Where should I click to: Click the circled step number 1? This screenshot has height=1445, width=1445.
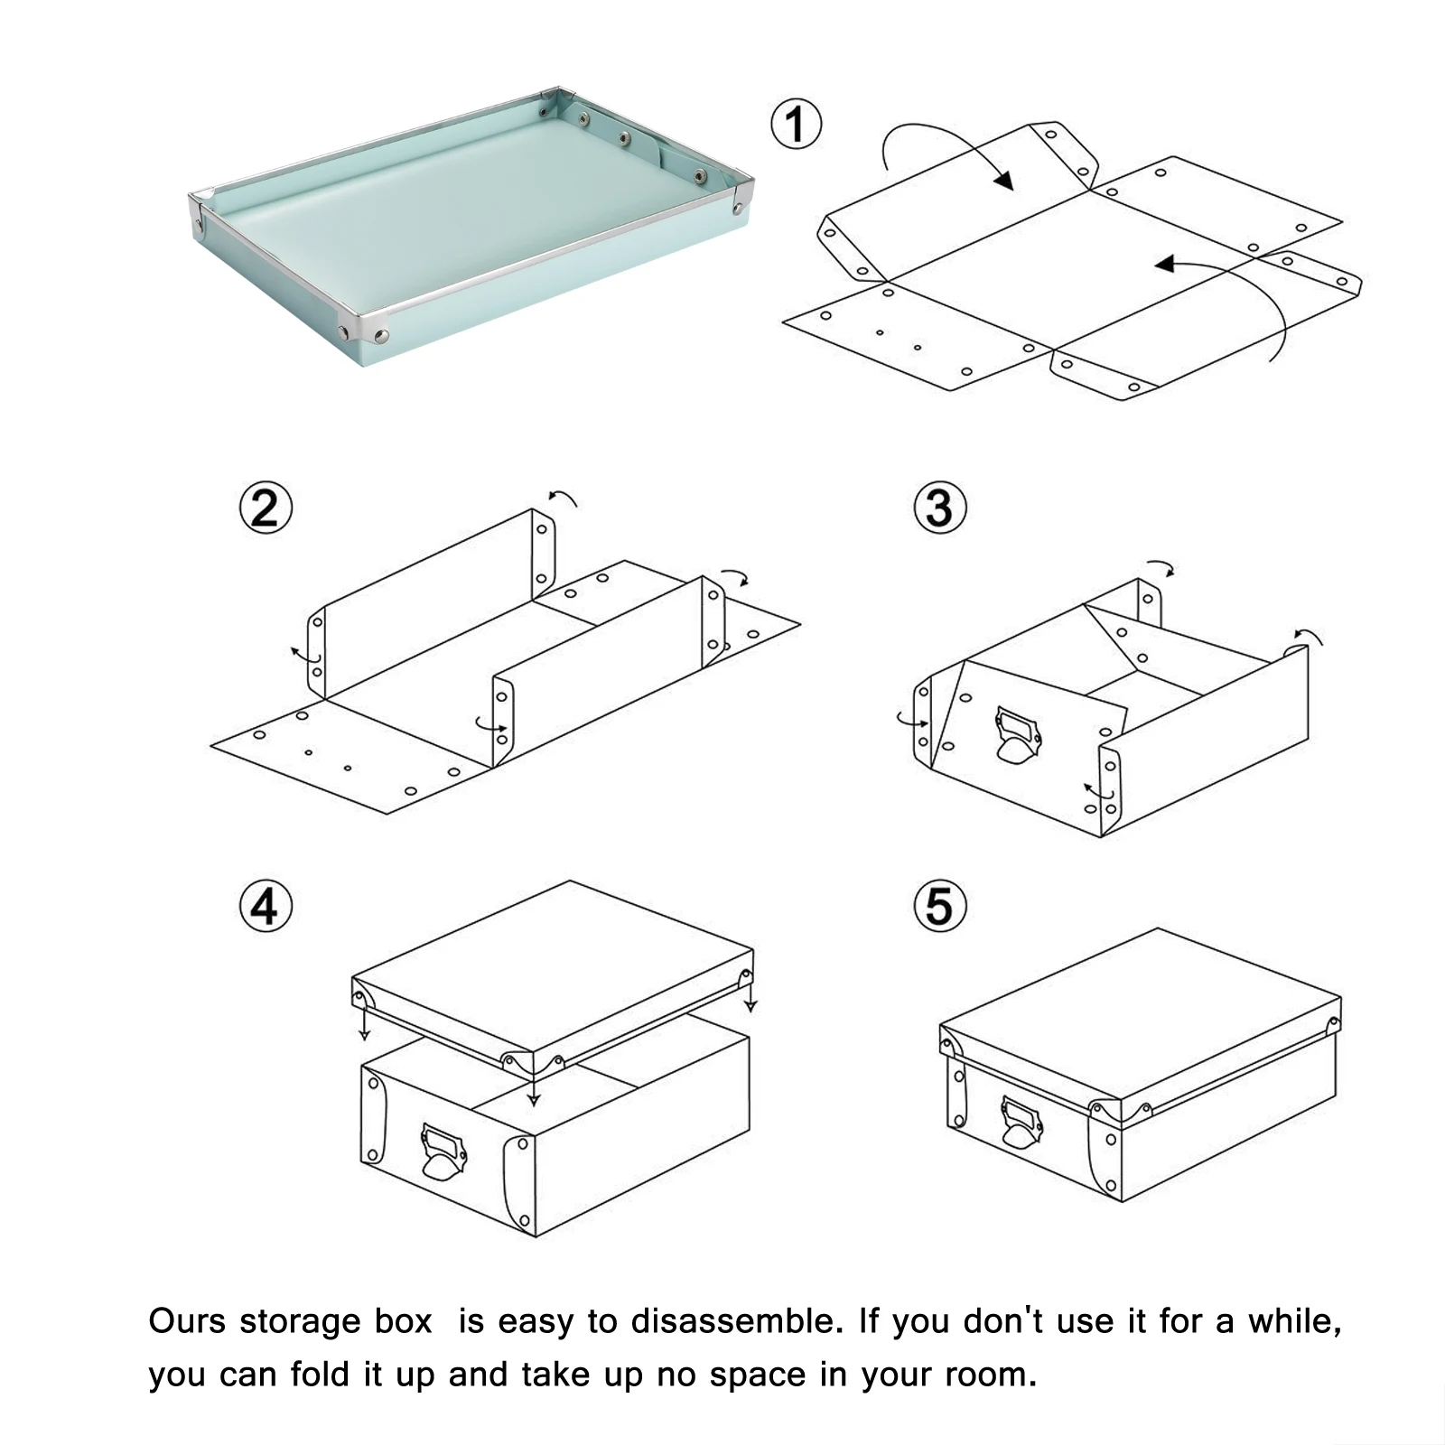(x=796, y=125)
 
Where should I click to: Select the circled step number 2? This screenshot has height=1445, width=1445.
(x=266, y=508)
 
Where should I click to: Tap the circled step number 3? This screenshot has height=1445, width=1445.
(x=940, y=508)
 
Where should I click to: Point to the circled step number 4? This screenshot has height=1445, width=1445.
(x=266, y=906)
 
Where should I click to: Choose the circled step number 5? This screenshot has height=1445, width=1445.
(x=940, y=906)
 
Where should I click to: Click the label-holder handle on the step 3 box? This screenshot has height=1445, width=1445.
(x=1018, y=737)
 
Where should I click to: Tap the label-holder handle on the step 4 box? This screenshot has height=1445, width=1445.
(x=443, y=1152)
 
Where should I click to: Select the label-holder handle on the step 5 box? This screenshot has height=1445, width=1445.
(x=1021, y=1123)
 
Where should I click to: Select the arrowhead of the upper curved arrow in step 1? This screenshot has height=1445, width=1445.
(x=1003, y=180)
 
